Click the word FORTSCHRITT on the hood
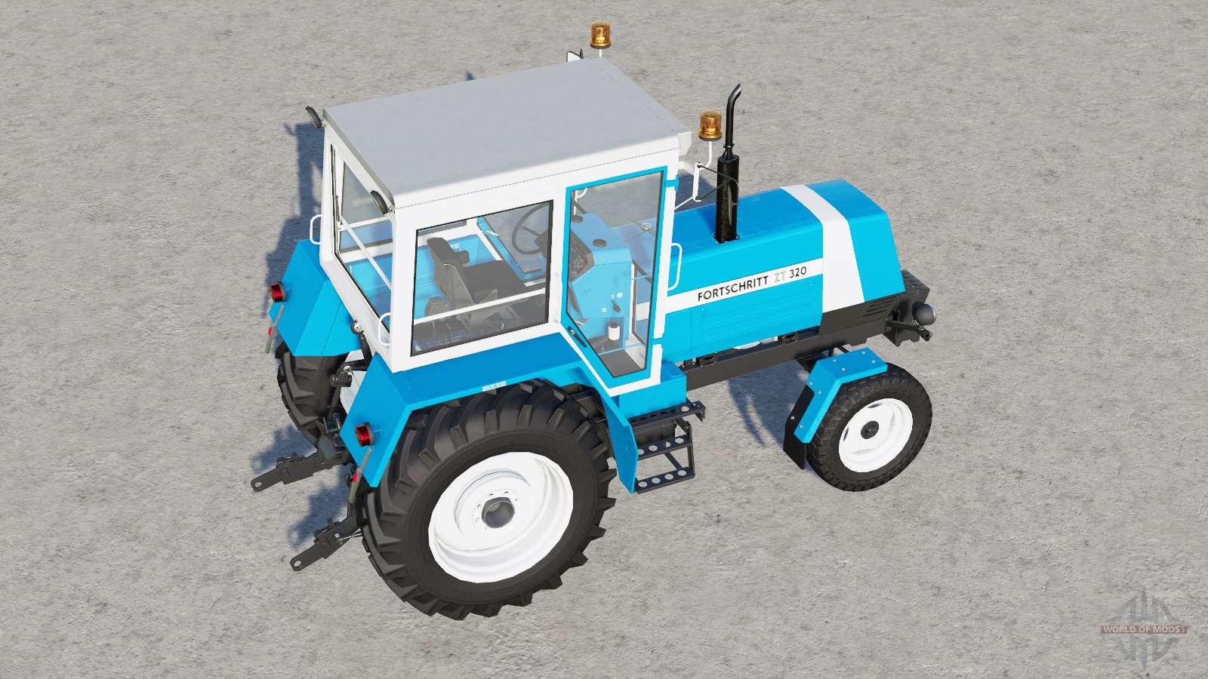pos(732,288)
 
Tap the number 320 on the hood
pos(797,272)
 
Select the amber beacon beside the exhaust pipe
pos(710,124)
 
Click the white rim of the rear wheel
pos(500,517)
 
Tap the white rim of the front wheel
pos(875,435)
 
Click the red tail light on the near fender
pos(365,435)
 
